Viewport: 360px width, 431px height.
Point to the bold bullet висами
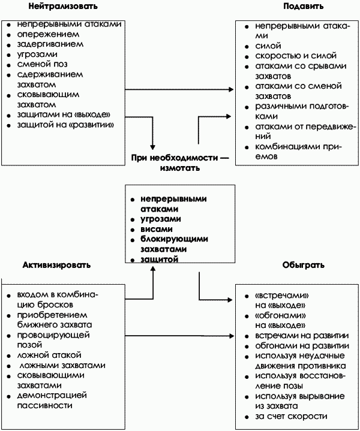[157, 229]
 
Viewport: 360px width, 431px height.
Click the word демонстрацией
[52, 395]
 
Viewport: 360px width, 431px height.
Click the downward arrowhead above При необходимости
[154, 146]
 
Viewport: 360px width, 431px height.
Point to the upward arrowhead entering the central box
[154, 269]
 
